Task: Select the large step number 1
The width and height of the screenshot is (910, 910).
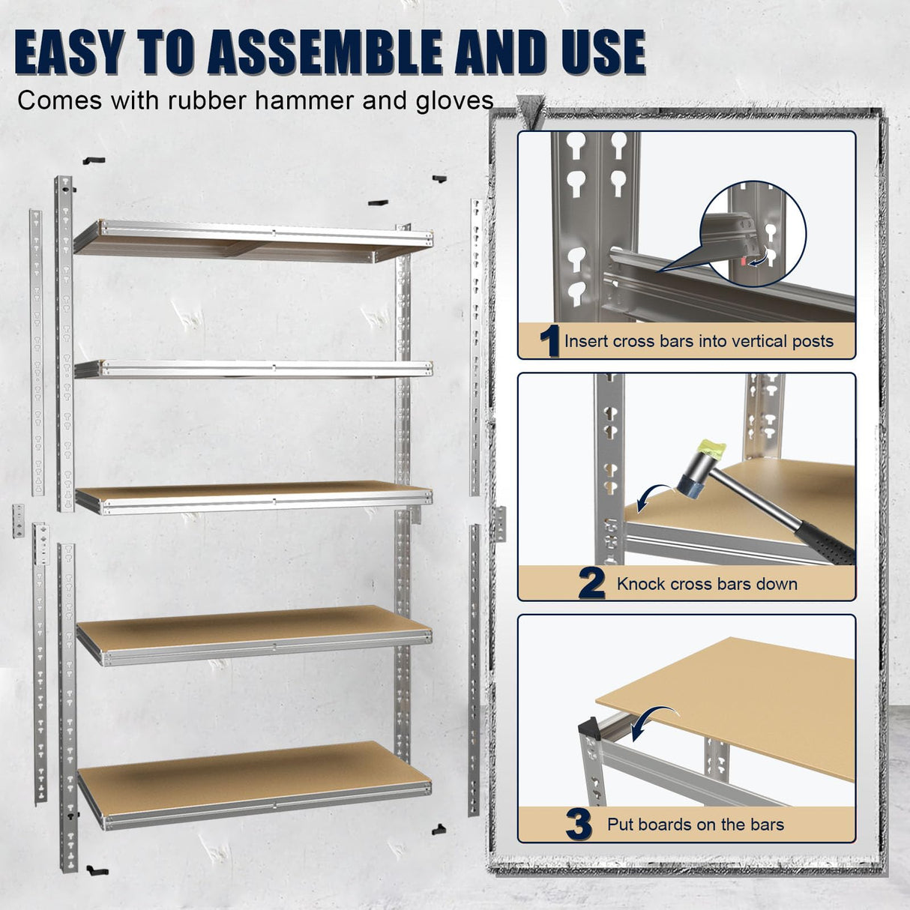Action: (x=550, y=342)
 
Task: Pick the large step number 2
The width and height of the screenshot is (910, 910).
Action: (x=591, y=584)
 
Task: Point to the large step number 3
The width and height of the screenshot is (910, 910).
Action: (x=579, y=825)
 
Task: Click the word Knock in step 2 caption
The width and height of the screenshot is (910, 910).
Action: (x=641, y=584)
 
